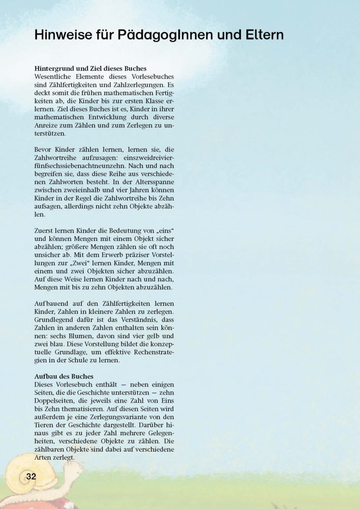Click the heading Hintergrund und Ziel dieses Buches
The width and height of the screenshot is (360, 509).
[90, 68]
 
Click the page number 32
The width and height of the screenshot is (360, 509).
[31, 476]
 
